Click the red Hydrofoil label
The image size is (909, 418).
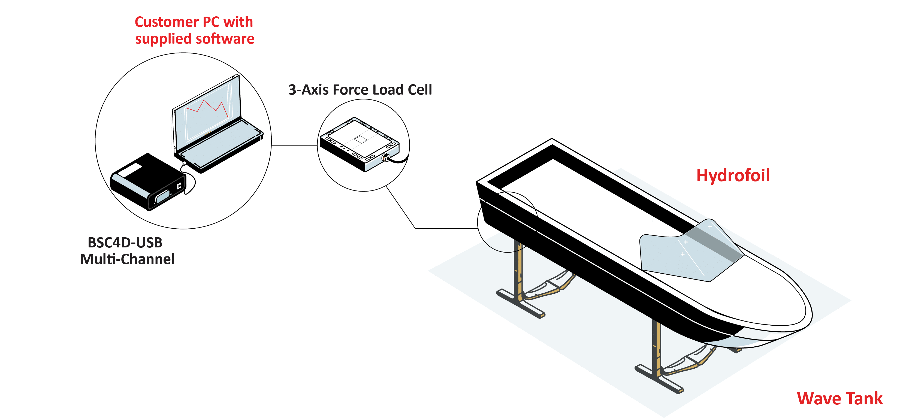(733, 175)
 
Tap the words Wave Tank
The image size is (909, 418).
(839, 399)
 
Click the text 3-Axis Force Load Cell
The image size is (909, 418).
(360, 90)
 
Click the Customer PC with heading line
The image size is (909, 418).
(194, 22)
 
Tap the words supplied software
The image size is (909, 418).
(195, 38)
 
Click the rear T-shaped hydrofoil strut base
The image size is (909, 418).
(521, 303)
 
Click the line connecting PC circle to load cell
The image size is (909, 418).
(295, 145)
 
